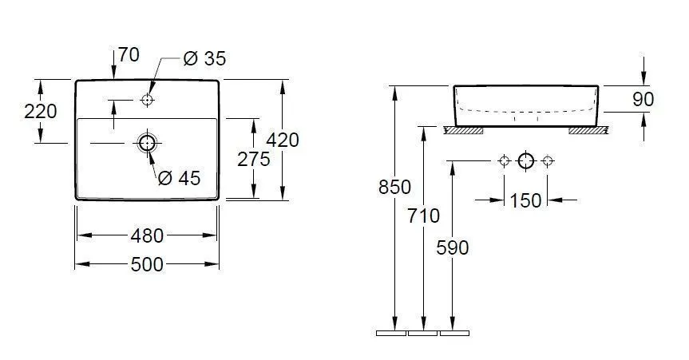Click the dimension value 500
point(148,263)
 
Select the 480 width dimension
point(148,235)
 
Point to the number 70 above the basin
point(128,55)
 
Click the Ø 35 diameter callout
point(204,58)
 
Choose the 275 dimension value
point(254,159)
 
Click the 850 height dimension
point(394,188)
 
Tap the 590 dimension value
point(453,247)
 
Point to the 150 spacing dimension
point(525,200)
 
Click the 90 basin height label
point(643,99)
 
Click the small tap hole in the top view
point(147,101)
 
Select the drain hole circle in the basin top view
point(147,143)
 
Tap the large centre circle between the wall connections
point(525,161)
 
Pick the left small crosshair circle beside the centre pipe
point(503,161)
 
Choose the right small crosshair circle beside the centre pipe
point(548,161)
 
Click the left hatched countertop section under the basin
point(464,129)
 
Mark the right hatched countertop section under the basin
point(588,129)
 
